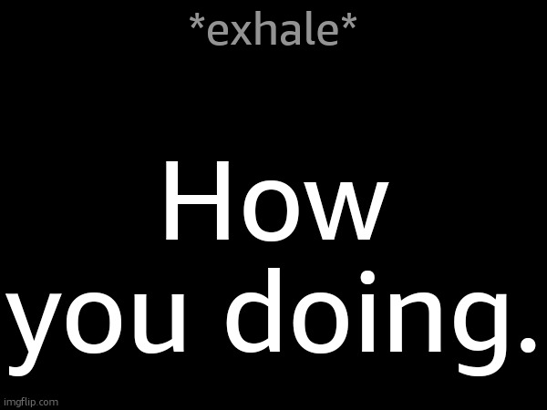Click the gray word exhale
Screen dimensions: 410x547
(x=273, y=31)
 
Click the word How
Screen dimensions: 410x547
(x=273, y=207)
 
